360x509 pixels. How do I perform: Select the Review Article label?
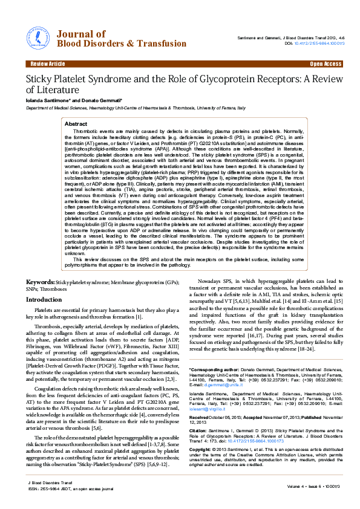pyautogui.click(x=47, y=63)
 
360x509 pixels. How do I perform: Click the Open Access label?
pyautogui.click(x=326, y=63)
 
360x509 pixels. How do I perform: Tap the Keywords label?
pyautogui.click(x=41, y=282)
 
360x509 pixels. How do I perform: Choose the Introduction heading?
pyautogui.click(x=48, y=299)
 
